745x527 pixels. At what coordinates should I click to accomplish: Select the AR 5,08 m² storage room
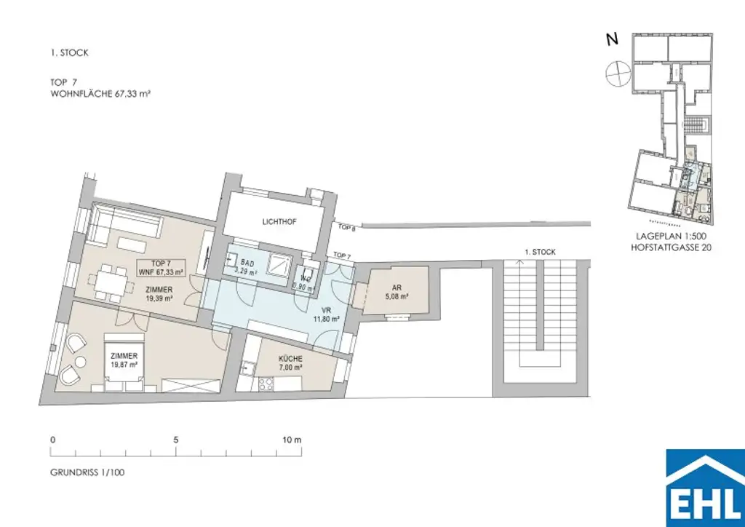[396, 291]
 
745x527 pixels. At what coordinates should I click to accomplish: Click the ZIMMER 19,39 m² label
[159, 294]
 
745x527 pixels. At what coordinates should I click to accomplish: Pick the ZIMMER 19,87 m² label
[124, 360]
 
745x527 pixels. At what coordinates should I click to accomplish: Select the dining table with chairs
[108, 281]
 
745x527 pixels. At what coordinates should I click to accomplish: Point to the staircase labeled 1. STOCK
[540, 320]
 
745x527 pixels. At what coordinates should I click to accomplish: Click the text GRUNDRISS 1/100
[87, 472]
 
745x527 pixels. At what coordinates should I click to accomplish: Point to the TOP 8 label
[346, 226]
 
